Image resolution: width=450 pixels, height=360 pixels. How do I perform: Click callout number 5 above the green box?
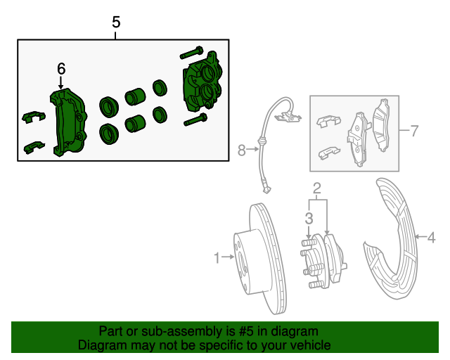point(117,22)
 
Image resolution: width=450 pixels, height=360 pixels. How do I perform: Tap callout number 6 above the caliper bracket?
point(61,68)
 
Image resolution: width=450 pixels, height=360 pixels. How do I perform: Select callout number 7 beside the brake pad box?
point(414,131)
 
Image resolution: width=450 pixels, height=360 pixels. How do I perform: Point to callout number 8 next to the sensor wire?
point(243,149)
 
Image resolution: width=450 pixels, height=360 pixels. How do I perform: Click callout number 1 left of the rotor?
point(217,258)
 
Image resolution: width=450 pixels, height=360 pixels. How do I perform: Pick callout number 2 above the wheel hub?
point(317,187)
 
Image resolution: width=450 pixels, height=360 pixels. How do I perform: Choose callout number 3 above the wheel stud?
point(309,219)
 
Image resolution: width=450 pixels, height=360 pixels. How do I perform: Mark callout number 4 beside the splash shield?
point(431,238)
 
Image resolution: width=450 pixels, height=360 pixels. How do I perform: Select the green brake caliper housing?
point(202,86)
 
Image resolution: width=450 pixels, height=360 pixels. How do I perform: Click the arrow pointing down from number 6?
point(61,83)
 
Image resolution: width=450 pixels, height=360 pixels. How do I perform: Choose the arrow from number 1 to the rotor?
point(228,258)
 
